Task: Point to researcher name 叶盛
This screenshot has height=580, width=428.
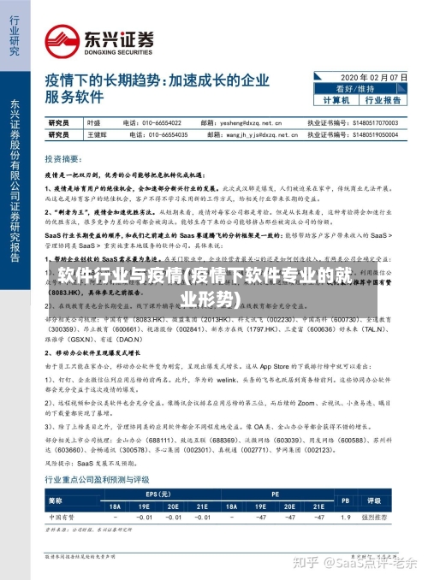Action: click(94, 123)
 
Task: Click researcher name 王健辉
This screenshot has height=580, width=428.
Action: click(97, 134)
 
